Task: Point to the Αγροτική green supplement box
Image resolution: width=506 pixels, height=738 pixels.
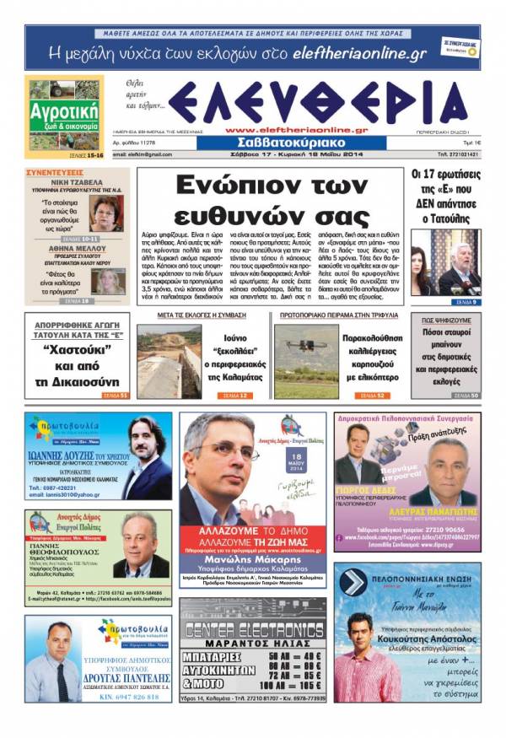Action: point(63,116)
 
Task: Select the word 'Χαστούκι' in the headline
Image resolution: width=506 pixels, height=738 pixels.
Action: point(76,347)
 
